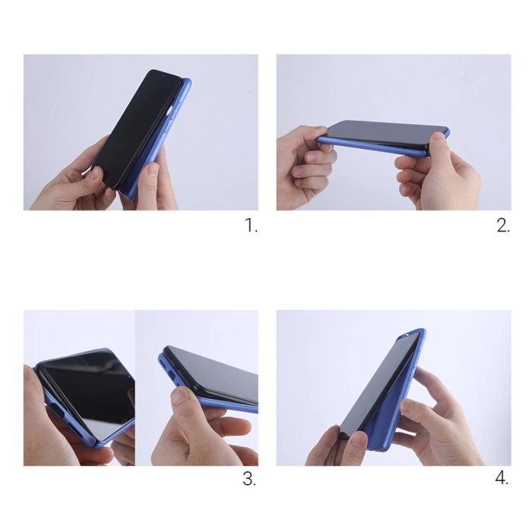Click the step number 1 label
(x=252, y=226)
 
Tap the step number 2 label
(x=503, y=226)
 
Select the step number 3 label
(x=249, y=480)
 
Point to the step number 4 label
(x=502, y=480)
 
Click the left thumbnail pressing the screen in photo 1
(x=94, y=176)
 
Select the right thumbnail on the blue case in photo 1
(x=150, y=169)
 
